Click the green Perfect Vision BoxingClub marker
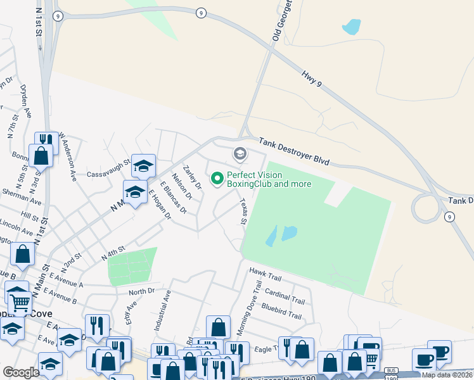pos(217,180)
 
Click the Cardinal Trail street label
pos(286,294)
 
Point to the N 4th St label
pos(114,255)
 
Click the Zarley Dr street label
pos(191,177)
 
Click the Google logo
pos(21,372)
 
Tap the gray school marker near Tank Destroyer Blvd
pos(240,153)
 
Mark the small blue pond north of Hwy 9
pos(351,27)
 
